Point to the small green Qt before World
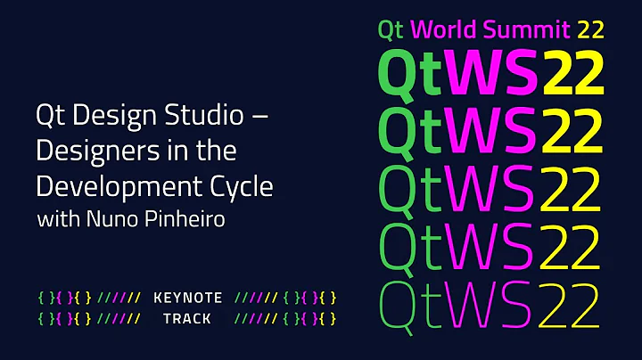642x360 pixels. click(391, 29)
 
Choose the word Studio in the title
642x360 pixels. click(202, 117)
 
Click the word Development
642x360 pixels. click(119, 188)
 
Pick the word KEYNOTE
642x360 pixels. click(187, 298)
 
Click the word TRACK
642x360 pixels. click(187, 317)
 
